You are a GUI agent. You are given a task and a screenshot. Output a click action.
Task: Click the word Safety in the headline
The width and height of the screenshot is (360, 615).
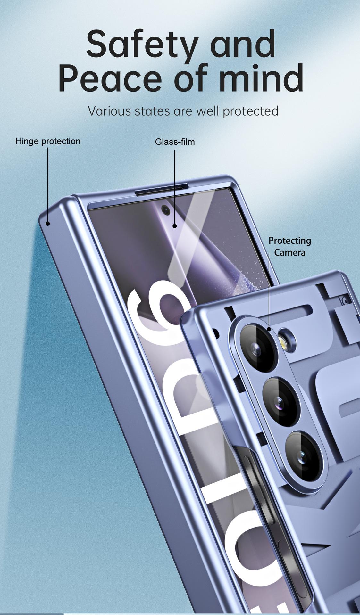[x=141, y=44]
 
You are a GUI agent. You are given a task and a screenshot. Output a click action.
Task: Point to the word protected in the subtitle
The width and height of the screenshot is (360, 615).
[x=250, y=111]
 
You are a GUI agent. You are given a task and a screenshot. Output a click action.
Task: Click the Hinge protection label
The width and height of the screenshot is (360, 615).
[x=48, y=141]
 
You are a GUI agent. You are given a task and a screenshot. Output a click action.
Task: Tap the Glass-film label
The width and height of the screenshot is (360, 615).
[x=175, y=142]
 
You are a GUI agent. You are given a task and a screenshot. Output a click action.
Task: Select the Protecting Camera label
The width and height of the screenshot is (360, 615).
[x=289, y=246]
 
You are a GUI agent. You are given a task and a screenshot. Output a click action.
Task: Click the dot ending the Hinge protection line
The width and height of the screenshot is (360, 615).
[x=48, y=224]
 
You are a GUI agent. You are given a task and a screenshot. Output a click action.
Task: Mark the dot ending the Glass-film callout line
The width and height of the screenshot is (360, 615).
[x=175, y=226]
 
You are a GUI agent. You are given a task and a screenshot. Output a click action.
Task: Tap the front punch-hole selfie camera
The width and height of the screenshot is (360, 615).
[x=165, y=210]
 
